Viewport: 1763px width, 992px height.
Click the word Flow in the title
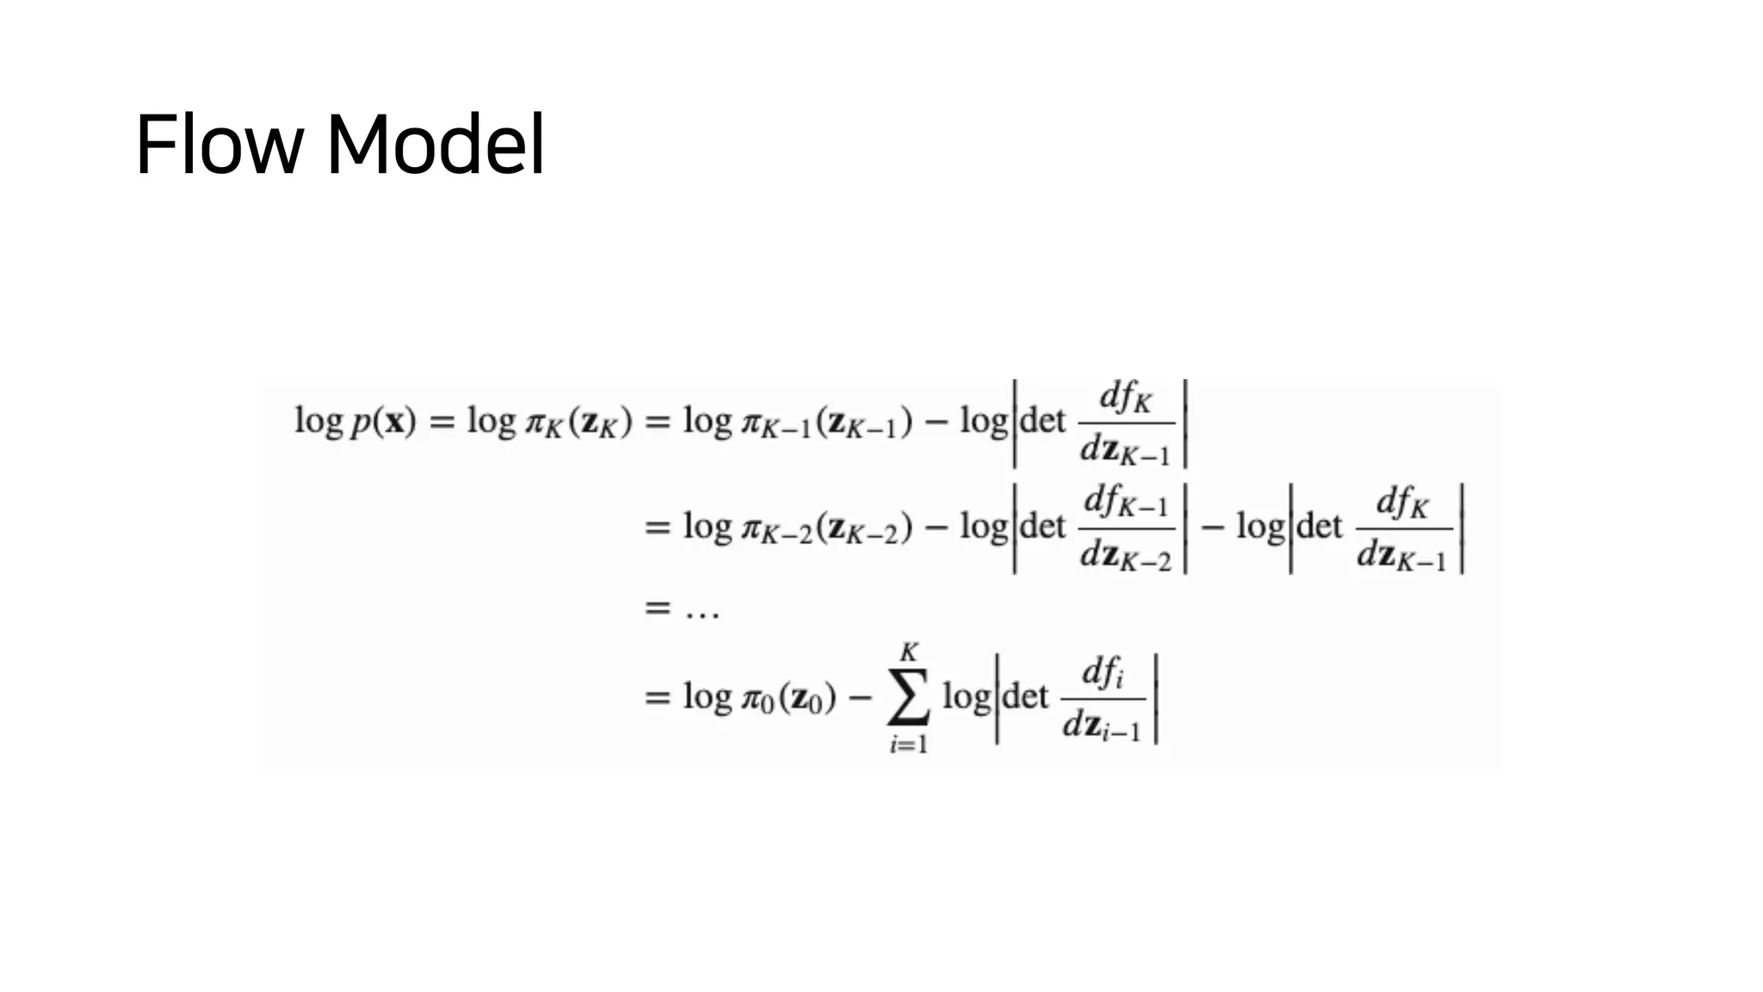click(x=219, y=144)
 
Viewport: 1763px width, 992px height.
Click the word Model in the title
click(x=436, y=144)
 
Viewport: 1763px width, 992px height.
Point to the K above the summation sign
click(x=909, y=652)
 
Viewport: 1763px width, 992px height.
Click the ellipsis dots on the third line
click(x=702, y=611)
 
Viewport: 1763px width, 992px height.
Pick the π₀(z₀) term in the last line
click(x=789, y=697)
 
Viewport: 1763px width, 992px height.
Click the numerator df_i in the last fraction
click(x=1103, y=673)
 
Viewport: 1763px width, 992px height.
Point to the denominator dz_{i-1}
click(x=1102, y=728)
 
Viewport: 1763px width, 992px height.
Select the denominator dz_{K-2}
click(x=1126, y=557)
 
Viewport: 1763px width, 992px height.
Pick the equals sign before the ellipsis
click(x=657, y=608)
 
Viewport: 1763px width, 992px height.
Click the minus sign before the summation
click(x=860, y=697)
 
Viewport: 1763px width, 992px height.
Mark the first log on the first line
click(x=319, y=422)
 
